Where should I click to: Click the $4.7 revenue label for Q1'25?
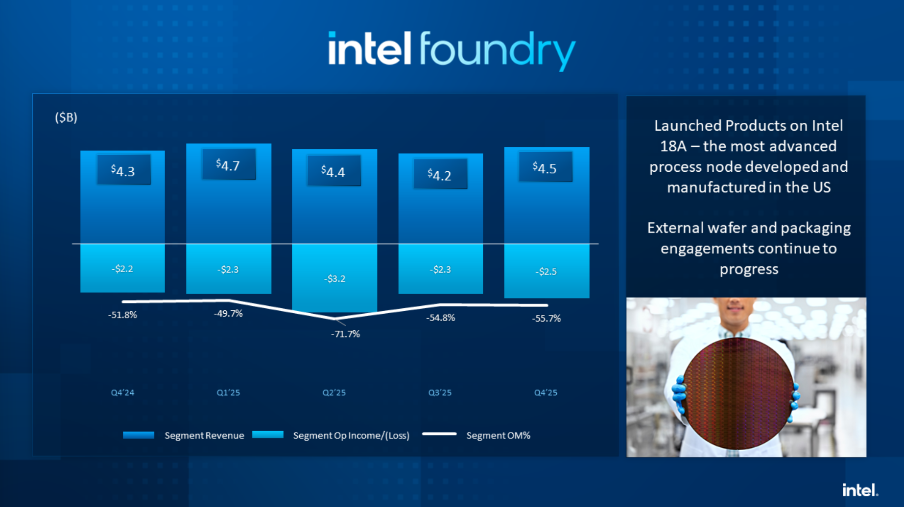[x=228, y=165]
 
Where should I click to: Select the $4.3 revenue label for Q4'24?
[x=123, y=170]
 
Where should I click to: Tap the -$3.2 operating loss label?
[x=334, y=278]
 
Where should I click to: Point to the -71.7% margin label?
[x=345, y=334]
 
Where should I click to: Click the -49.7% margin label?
[x=228, y=313]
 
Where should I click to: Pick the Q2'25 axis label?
[x=334, y=392]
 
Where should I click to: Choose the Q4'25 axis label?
[x=546, y=392]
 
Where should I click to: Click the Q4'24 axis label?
[x=122, y=392]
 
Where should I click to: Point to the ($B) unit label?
[x=66, y=117]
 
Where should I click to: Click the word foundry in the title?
[x=497, y=50]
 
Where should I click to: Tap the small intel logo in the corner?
[x=860, y=490]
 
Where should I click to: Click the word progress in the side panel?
[x=749, y=269]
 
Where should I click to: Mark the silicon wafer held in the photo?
[x=737, y=393]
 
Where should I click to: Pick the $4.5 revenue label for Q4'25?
[x=545, y=168]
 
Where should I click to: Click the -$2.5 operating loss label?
[x=546, y=272]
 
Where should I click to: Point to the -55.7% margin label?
[x=546, y=318]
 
